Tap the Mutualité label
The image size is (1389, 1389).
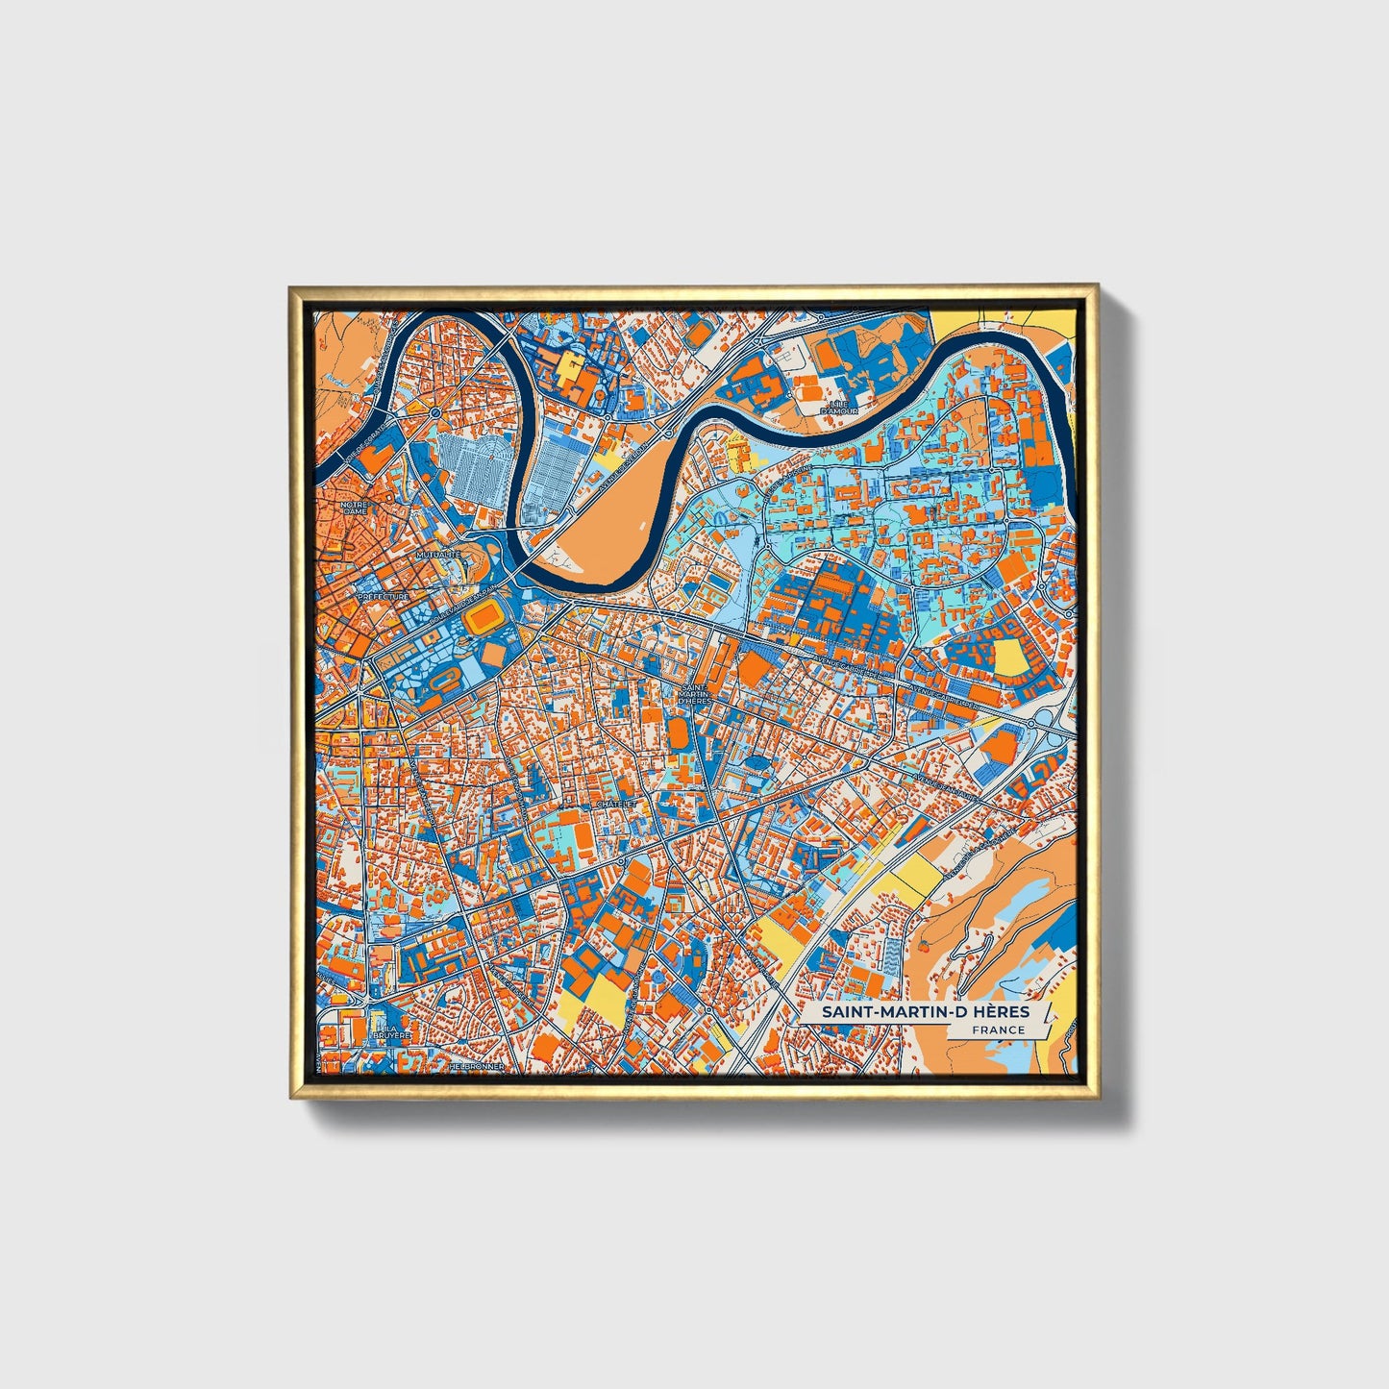pyautogui.click(x=438, y=556)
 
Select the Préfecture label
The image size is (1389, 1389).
pyautogui.click(x=383, y=597)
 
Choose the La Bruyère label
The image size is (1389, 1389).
pyautogui.click(x=393, y=1031)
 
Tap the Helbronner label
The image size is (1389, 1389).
pyautogui.click(x=476, y=1066)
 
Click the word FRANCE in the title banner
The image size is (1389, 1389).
pyautogui.click(x=998, y=1029)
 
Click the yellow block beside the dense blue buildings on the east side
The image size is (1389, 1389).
pyautogui.click(x=1010, y=658)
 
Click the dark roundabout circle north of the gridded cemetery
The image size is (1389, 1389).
pyautogui.click(x=435, y=412)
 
